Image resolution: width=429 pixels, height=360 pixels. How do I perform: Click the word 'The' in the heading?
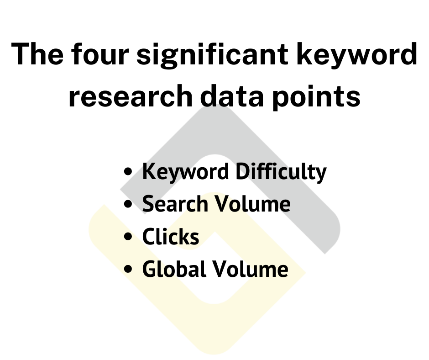point(37,54)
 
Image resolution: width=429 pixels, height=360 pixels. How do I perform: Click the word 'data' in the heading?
point(232,96)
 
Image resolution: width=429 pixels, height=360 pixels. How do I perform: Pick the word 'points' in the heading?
point(316,97)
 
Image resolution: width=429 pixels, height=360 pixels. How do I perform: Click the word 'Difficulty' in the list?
point(281,172)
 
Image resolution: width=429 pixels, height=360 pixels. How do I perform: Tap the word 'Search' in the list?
point(175,204)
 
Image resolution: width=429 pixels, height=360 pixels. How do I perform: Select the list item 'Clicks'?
point(170,237)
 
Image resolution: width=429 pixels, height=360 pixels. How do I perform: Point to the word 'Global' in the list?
point(174,269)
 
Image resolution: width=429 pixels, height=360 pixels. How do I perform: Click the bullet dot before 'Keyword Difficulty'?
point(128,172)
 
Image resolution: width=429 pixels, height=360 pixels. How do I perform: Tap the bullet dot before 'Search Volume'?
point(128,204)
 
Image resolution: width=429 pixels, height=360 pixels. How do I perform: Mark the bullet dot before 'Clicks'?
point(128,237)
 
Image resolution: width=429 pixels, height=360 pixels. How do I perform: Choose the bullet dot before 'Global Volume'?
point(128,269)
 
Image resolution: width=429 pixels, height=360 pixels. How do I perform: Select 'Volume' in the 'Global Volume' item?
point(250,269)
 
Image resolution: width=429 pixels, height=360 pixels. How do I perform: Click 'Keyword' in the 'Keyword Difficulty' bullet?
point(185,172)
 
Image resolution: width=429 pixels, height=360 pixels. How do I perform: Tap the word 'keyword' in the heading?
point(357,55)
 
